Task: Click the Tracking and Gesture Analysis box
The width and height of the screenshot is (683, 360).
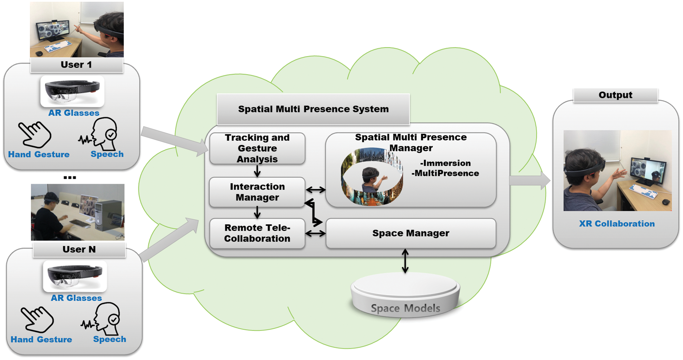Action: tap(257, 148)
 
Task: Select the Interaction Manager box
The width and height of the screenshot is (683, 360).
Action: tap(257, 192)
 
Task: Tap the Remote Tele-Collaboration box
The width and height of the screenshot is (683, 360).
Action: tap(257, 233)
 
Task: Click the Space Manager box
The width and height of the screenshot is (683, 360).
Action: tap(411, 233)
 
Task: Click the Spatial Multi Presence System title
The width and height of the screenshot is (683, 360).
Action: tap(313, 109)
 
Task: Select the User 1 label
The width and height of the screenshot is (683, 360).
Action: tap(76, 65)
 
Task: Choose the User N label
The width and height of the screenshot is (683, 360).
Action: tap(79, 249)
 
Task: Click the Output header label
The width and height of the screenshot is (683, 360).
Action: tap(615, 95)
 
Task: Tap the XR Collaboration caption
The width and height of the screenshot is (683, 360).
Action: tap(617, 224)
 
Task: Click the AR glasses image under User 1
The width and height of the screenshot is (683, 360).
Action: tap(72, 91)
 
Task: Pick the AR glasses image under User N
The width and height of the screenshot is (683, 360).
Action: tap(75, 276)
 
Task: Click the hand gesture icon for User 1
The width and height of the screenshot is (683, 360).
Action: tap(35, 135)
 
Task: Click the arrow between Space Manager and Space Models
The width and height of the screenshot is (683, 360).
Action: tap(405, 261)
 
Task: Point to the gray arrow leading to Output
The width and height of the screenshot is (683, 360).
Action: tap(530, 181)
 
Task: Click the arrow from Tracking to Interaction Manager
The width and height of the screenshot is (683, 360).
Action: tap(257, 171)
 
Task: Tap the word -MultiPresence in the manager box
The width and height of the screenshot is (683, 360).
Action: tap(445, 173)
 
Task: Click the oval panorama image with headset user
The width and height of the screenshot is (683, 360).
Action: tap(372, 177)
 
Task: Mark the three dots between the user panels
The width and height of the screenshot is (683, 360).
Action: tap(70, 178)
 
